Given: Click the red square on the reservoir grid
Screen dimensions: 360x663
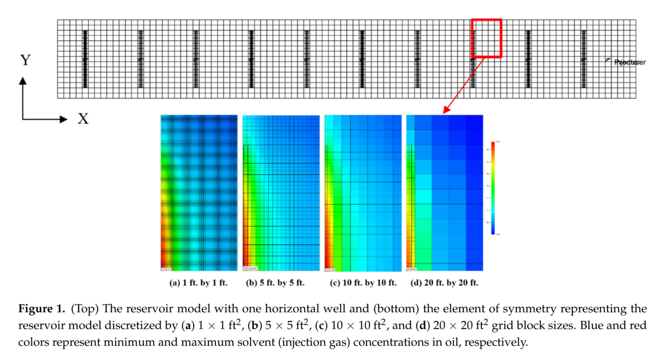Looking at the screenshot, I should (487, 38).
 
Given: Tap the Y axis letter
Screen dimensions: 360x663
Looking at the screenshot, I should (26, 60).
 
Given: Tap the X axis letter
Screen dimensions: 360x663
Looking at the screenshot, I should (83, 119).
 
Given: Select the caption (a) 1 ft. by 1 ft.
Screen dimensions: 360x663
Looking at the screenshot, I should (198, 283).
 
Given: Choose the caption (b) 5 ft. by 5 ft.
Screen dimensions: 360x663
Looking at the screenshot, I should (275, 283).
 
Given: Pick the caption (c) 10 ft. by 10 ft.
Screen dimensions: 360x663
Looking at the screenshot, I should (363, 283).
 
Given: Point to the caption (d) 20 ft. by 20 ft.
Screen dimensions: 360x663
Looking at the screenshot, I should (444, 283).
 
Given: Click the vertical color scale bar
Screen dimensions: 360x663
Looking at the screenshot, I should (493, 188).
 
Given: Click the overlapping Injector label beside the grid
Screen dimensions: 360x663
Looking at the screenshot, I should (630, 62).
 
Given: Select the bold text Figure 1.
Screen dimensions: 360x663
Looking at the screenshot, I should (41, 309).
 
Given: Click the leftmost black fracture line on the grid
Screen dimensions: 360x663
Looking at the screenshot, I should (85, 59).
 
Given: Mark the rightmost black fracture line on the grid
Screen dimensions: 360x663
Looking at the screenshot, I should (583, 59).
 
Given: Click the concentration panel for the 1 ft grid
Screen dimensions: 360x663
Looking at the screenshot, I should (199, 193).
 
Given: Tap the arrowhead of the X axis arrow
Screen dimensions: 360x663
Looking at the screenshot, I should (64, 119).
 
